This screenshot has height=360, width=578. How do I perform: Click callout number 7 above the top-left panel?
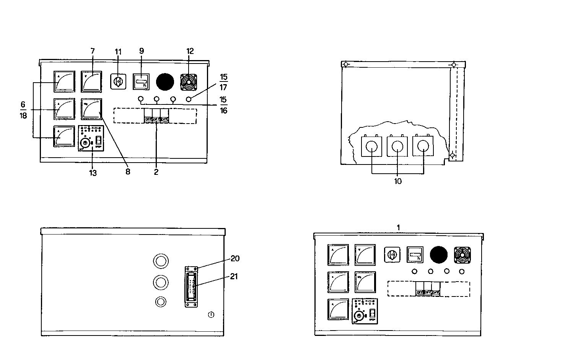pos(92,51)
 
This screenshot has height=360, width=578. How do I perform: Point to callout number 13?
pos(93,173)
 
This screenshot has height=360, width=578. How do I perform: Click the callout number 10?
pos(398,181)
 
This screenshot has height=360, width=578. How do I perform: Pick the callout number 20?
pos(235,259)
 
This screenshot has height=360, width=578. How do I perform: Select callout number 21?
pos(234,276)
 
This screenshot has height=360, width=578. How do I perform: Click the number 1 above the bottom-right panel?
pos(398,227)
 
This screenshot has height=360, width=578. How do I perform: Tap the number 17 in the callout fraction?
pos(224,87)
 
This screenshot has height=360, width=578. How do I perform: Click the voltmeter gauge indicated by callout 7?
pos(91,81)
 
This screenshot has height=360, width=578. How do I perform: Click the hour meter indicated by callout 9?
pos(141,81)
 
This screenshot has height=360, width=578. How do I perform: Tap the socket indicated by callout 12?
pos(188,81)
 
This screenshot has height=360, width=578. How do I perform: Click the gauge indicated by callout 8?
pos(92,109)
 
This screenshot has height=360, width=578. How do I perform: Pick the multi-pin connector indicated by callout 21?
pos(192,286)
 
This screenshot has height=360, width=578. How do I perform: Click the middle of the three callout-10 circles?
pos(397,146)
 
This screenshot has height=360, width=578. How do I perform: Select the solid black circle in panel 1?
pos(438,254)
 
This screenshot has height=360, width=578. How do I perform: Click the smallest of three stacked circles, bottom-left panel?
pos(161,302)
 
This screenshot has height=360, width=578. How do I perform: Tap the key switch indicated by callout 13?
pos(85,143)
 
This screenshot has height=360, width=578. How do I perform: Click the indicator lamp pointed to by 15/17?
pos(189,99)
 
